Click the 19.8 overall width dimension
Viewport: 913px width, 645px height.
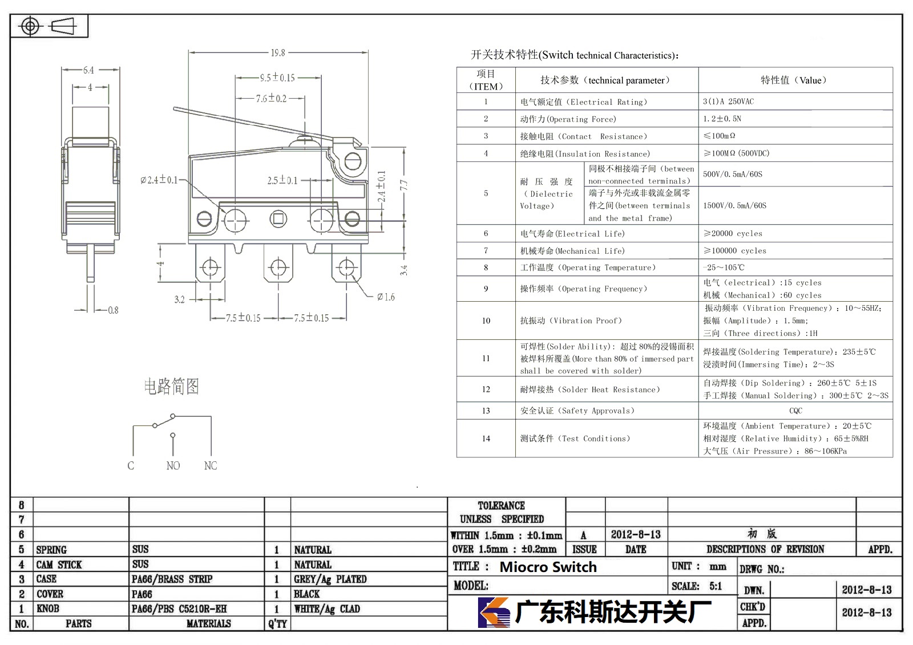pyautogui.click(x=278, y=52)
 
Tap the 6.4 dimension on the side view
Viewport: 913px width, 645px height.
pyautogui.click(x=88, y=70)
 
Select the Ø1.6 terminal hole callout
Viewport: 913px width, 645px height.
pyautogui.click(x=386, y=297)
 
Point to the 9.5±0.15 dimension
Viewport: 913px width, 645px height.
pyautogui.click(x=277, y=78)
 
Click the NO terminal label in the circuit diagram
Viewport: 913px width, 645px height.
pyautogui.click(x=173, y=466)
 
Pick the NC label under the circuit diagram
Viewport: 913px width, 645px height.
pyautogui.click(x=211, y=466)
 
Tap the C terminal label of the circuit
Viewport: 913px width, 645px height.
pyautogui.click(x=131, y=466)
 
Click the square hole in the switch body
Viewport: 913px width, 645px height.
pyautogui.click(x=278, y=219)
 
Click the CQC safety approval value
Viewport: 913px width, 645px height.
pyautogui.click(x=795, y=411)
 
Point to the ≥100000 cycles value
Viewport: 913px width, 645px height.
pyautogui.click(x=735, y=250)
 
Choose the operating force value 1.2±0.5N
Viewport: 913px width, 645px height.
pyautogui.click(x=722, y=119)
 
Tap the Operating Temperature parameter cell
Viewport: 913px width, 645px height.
pyautogui.click(x=588, y=267)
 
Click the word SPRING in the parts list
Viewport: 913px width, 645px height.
pyautogui.click(x=51, y=550)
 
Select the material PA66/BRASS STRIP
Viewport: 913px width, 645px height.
pyautogui.click(x=172, y=579)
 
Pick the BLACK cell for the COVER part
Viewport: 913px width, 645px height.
pyautogui.click(x=306, y=594)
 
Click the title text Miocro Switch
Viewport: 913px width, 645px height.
pyautogui.click(x=548, y=567)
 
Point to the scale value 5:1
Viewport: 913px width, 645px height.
pyautogui.click(x=716, y=586)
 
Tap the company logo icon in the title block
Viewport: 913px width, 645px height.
pyautogui.click(x=494, y=612)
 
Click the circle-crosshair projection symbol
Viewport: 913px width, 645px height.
pyautogui.click(x=30, y=26)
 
